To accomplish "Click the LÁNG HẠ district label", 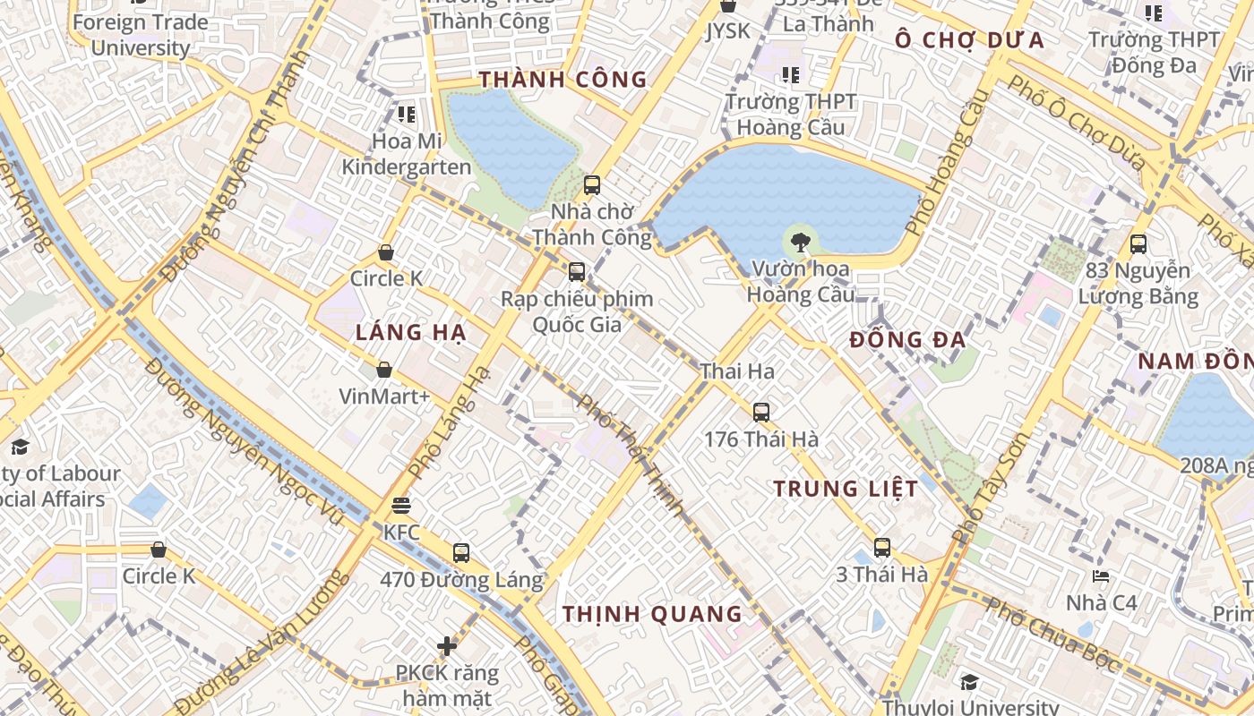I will click(x=411, y=333).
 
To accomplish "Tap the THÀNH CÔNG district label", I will click(x=563, y=80).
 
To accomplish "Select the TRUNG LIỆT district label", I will click(x=846, y=489).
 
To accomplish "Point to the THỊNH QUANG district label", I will click(x=652, y=614).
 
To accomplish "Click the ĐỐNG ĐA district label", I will click(x=907, y=340).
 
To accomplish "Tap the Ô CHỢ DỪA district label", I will click(x=970, y=40).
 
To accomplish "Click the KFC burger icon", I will click(x=400, y=506).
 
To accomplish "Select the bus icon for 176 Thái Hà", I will click(x=761, y=413).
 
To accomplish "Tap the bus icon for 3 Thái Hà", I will click(x=882, y=548).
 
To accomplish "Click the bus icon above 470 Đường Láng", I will click(x=461, y=553).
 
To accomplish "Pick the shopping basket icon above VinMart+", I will click(x=384, y=370).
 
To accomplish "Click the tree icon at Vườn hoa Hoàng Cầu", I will click(x=801, y=240).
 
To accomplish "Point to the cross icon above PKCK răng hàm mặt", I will click(x=447, y=645).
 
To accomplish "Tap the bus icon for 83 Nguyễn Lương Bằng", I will click(x=1138, y=243).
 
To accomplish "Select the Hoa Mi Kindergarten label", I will click(x=407, y=154).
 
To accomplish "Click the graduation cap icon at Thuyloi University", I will click(x=969, y=683).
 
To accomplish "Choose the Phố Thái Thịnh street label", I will click(x=631, y=455).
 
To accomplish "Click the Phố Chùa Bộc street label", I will click(x=1052, y=635).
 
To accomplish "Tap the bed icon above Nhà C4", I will click(x=1101, y=575).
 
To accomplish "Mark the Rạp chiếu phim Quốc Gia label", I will click(x=577, y=311).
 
